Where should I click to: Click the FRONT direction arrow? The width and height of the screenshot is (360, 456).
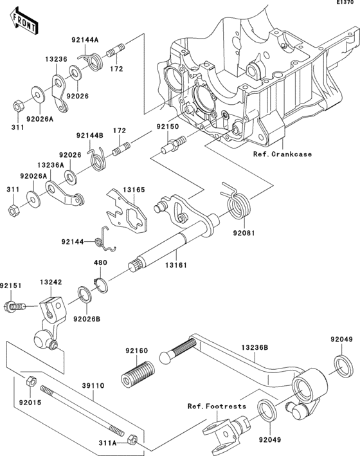pos(24,21)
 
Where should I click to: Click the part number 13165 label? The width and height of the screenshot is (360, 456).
pos(134,190)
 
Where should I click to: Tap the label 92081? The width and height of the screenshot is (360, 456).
pos(244,233)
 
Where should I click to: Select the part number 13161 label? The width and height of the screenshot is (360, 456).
pos(176,265)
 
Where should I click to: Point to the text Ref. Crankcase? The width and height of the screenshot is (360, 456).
pos(282,154)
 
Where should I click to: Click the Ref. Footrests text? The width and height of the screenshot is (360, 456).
pos(217,406)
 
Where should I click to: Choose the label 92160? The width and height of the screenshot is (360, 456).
pos(137,351)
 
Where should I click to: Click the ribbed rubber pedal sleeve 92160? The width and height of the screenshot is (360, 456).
pos(138,374)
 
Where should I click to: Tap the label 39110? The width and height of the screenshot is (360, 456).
pos(93,386)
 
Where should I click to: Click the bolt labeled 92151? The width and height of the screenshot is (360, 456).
pos(15,307)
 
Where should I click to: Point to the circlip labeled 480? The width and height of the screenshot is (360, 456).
pos(101,286)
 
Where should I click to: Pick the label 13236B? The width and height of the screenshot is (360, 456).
pos(255,347)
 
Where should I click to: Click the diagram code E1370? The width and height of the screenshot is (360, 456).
pos(345,3)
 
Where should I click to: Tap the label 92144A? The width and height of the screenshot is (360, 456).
pos(85,40)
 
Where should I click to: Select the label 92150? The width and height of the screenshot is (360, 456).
pos(168,127)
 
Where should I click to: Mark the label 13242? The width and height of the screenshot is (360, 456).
pos(51,282)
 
